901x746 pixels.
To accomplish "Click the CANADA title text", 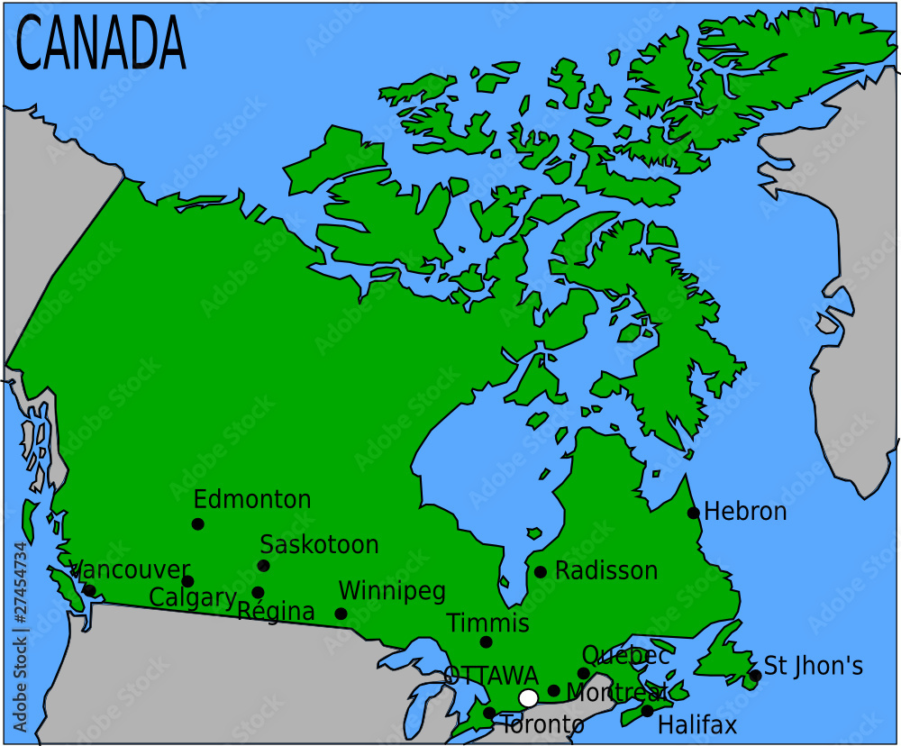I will pyautogui.click(x=101, y=42).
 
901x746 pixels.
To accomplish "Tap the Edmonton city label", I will pyautogui.click(x=252, y=499).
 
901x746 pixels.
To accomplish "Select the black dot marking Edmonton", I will pyautogui.click(x=197, y=524).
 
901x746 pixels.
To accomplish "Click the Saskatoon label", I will pyautogui.click(x=319, y=545).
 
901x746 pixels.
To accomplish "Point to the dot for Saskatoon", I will pyautogui.click(x=263, y=566).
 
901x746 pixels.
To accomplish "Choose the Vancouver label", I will pyautogui.click(x=131, y=570).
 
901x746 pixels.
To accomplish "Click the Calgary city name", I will pyautogui.click(x=193, y=597).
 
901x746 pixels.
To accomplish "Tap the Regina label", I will pyautogui.click(x=277, y=612).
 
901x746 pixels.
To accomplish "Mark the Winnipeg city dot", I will pyautogui.click(x=341, y=614).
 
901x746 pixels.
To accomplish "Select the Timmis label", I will pyautogui.click(x=487, y=623).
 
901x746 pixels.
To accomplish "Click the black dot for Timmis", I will pyautogui.click(x=487, y=642).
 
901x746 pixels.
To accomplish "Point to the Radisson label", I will pyautogui.click(x=606, y=571).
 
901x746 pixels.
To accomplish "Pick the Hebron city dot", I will pyautogui.click(x=693, y=513).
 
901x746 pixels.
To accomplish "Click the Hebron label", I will pyautogui.click(x=745, y=512).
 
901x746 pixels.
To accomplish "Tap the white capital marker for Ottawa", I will pyautogui.click(x=529, y=698).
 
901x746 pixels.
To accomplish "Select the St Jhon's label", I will pyautogui.click(x=814, y=667).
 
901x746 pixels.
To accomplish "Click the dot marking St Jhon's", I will pyautogui.click(x=755, y=676).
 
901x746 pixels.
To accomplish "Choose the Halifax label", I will pyautogui.click(x=697, y=724).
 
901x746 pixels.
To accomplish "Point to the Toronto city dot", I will pyautogui.click(x=488, y=713).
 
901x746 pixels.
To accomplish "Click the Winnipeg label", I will pyautogui.click(x=392, y=592).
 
